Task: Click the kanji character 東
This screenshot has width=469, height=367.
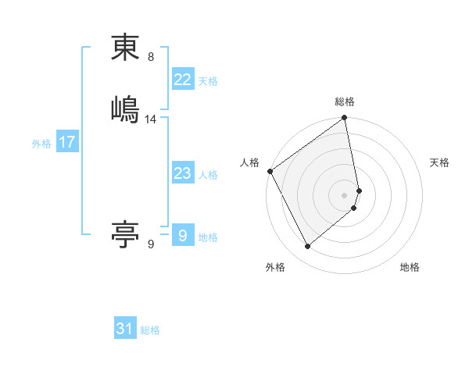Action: click(125, 48)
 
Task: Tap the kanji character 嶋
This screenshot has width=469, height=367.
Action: click(125, 109)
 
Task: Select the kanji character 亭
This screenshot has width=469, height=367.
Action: click(125, 233)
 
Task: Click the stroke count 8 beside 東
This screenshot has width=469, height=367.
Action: click(151, 57)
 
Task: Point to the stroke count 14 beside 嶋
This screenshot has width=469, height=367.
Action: click(151, 119)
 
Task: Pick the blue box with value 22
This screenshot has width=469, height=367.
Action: click(182, 80)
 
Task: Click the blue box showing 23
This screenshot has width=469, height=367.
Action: click(182, 173)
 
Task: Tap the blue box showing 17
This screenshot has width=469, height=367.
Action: click(66, 142)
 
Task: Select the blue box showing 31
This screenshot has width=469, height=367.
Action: click(125, 329)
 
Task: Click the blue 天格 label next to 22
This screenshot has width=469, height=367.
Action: click(208, 81)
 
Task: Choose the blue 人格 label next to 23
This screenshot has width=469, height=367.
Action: click(208, 175)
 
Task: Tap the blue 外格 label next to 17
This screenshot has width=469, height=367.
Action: click(41, 144)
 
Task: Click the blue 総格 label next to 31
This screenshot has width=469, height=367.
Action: click(150, 330)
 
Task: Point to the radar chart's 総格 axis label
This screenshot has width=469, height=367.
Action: click(345, 102)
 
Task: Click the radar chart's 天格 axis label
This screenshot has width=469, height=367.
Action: click(440, 162)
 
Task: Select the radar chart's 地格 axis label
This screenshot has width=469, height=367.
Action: click(410, 267)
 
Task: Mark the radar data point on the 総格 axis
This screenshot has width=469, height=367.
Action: click(345, 119)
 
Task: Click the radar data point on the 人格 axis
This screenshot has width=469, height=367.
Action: click(270, 171)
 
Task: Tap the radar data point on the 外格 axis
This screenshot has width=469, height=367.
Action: click(307, 247)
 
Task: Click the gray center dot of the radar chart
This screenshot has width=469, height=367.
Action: click(345, 194)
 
